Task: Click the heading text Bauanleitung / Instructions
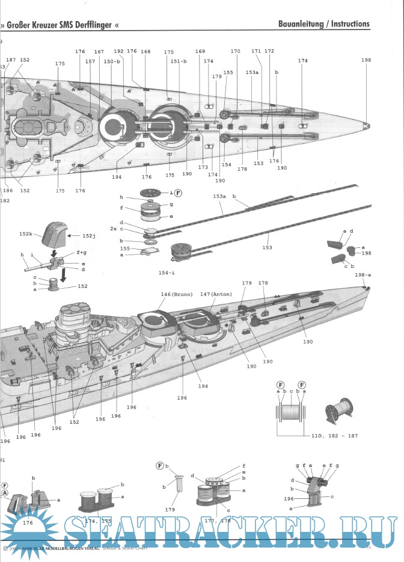tap(324, 25)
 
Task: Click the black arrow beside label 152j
tap(75, 236)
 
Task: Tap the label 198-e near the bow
tap(363, 276)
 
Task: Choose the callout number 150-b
tap(112, 61)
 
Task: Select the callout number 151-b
tap(179, 61)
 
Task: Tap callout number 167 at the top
tap(99, 52)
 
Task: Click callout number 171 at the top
tap(256, 52)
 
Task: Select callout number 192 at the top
tap(118, 52)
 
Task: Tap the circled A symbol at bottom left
tap(5, 492)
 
